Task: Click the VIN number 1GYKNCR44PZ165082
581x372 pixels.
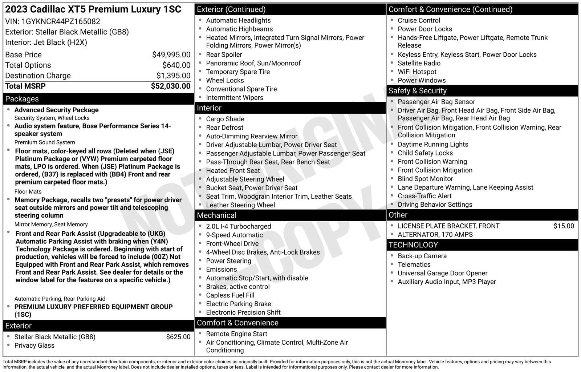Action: pos(61,21)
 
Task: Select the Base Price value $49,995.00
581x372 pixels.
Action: pos(171,55)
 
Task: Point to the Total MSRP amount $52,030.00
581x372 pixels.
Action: pos(170,86)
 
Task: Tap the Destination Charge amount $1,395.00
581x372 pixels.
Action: pos(173,76)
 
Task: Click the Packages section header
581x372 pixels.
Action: pos(22,99)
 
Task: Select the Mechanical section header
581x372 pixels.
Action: pos(216,215)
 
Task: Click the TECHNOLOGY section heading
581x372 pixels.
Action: pos(413,245)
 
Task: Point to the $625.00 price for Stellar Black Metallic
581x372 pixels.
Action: pos(178,337)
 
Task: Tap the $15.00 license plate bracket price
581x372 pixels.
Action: pos(564,226)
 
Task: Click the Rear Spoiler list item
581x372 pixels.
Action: pos(224,54)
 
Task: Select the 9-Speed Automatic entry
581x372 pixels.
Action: pos(234,235)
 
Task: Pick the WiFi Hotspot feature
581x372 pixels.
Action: pos(417,72)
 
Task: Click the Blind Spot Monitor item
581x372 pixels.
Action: pos(425,179)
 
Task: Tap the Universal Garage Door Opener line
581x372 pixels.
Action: pos(442,273)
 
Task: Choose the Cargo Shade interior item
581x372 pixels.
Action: pos(225,119)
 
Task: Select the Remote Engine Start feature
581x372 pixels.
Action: pos(236,334)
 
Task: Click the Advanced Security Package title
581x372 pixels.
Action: pos(56,110)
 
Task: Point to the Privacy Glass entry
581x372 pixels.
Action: pos(34,345)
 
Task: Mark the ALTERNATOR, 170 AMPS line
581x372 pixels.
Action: pos(435,235)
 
